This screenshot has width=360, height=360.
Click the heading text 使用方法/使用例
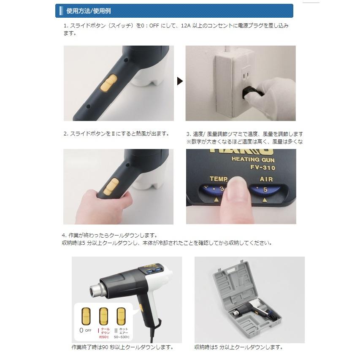tap(89, 11)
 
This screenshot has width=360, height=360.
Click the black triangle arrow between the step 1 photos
tap(180, 81)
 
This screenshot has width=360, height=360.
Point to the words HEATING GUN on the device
tap(252, 159)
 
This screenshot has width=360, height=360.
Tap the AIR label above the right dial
tap(266, 179)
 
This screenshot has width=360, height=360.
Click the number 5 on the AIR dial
tap(265, 189)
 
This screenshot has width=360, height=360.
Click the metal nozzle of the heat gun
tap(93, 291)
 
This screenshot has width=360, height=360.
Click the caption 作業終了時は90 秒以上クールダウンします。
tap(122, 347)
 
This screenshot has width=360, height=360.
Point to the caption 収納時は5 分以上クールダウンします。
tap(238, 347)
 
